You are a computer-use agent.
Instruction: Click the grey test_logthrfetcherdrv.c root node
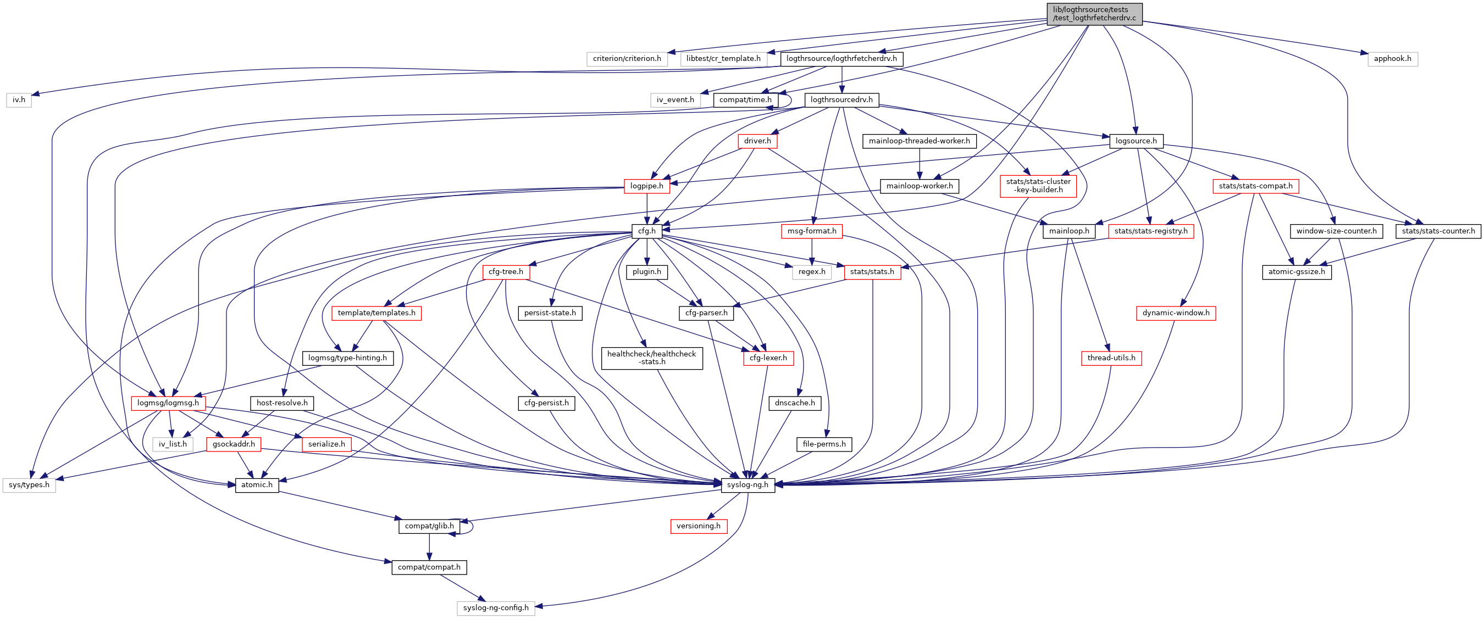coord(1094,14)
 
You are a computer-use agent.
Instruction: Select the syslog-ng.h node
coord(747,485)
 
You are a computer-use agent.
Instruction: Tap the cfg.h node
coord(646,231)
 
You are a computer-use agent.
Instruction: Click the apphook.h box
coord(1392,59)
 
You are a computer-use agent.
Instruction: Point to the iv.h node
coord(19,99)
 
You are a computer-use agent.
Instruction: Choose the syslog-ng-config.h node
coord(495,608)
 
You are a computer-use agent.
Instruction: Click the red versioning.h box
coord(698,526)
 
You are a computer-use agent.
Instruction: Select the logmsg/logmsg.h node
coord(168,403)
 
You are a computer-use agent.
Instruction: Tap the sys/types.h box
coord(29,485)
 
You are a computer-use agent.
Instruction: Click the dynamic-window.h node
coord(1175,313)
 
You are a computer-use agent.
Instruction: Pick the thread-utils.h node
coord(1111,358)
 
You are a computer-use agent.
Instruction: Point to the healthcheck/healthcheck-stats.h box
coord(651,358)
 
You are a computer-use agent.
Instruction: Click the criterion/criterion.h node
coord(627,59)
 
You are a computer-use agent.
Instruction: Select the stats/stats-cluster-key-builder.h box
coord(1038,186)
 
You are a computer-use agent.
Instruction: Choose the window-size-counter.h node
coord(1336,231)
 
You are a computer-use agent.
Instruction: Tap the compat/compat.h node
coord(429,567)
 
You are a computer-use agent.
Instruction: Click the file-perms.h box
coord(824,444)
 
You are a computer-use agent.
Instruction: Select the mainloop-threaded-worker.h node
coord(919,141)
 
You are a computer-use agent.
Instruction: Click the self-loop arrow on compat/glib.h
coord(472,526)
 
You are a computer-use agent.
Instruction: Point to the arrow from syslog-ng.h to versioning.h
coord(723,507)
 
